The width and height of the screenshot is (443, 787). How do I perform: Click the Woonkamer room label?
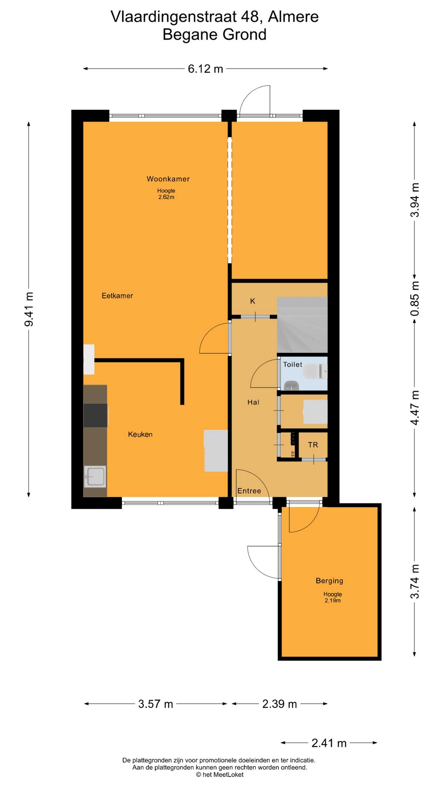click(x=168, y=179)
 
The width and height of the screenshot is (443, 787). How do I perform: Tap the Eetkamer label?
click(x=117, y=296)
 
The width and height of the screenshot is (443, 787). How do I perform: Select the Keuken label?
click(x=140, y=434)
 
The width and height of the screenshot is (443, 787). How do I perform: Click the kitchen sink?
click(x=95, y=476)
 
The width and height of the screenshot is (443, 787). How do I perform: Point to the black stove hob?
click(x=96, y=415)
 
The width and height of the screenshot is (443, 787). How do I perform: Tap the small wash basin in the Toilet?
click(x=291, y=385)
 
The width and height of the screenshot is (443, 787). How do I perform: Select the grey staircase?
click(x=302, y=325)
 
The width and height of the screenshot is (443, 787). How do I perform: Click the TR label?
click(x=313, y=445)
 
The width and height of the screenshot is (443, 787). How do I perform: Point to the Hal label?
click(x=253, y=402)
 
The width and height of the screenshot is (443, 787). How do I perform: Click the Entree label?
click(x=249, y=491)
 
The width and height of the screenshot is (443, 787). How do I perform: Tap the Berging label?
click(x=329, y=580)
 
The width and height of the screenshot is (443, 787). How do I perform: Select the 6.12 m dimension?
click(x=205, y=69)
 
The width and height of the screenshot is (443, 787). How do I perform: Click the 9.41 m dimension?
click(x=29, y=309)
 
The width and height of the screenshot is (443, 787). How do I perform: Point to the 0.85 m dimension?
click(x=415, y=299)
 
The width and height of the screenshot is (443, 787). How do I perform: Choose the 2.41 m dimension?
click(x=329, y=743)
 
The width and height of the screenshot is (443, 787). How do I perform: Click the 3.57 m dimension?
click(x=155, y=704)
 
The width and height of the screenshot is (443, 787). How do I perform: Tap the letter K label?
click(x=253, y=301)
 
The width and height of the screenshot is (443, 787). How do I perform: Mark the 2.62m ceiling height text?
click(x=166, y=197)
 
